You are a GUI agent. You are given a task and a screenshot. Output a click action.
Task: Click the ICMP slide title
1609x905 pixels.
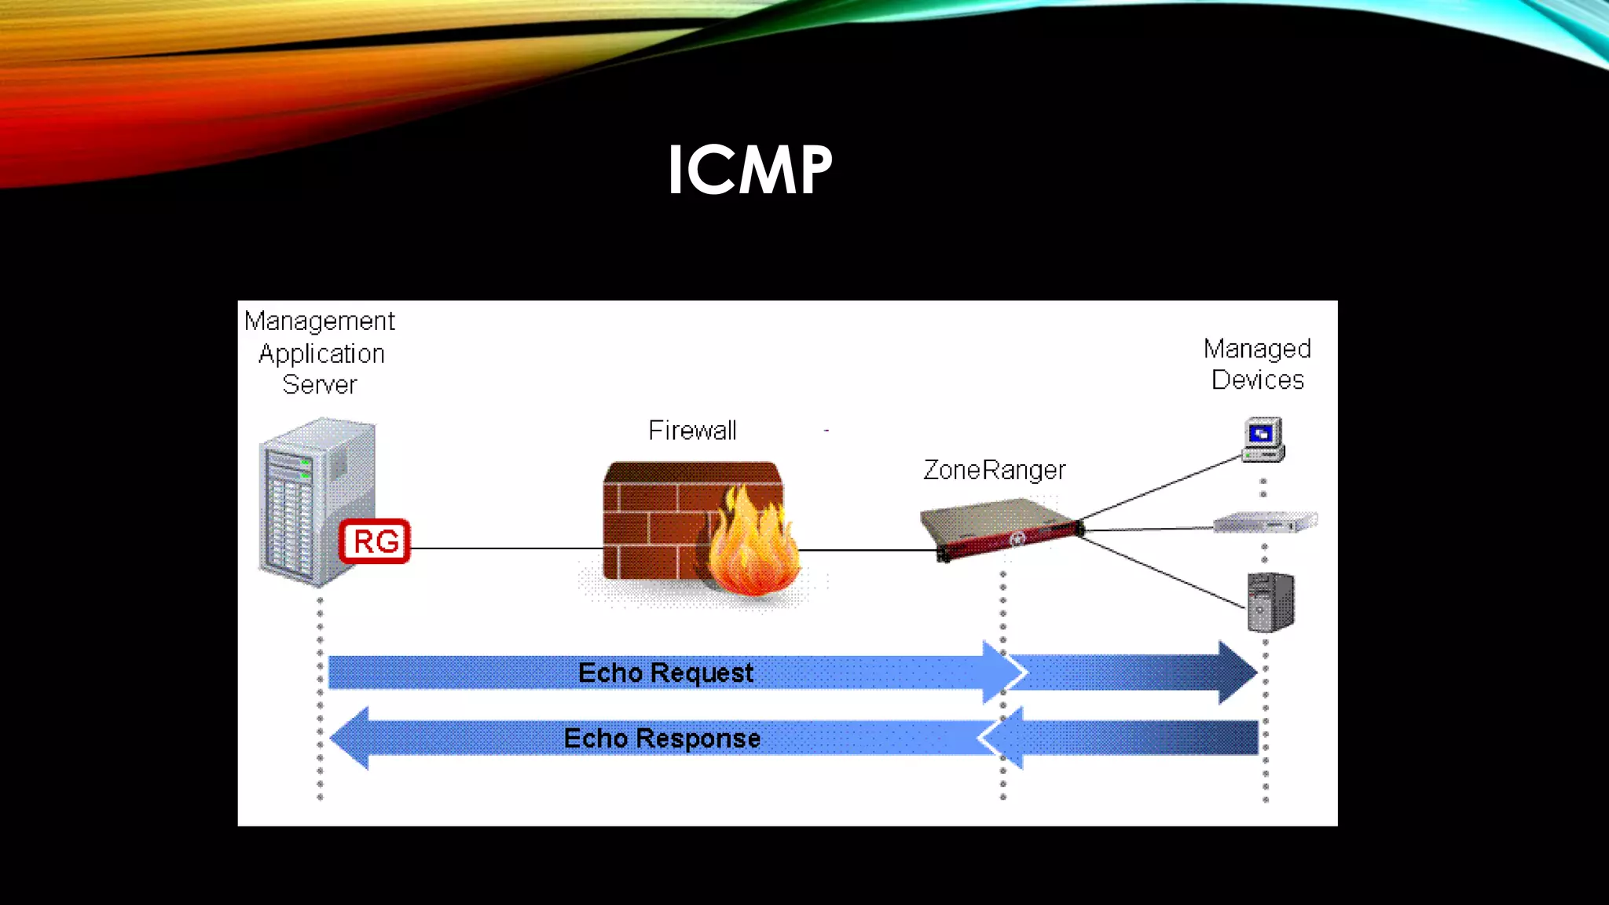750,170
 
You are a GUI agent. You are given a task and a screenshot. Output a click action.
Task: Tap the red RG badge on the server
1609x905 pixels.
375,541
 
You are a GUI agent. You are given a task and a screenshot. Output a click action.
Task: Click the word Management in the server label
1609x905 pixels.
319,321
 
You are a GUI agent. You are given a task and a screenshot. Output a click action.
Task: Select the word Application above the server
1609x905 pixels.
321,354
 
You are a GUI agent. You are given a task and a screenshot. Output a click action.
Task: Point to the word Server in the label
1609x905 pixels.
319,385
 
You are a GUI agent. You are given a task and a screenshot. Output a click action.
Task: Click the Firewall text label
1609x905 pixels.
692,431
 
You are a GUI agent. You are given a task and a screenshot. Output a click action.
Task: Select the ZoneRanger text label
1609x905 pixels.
994,470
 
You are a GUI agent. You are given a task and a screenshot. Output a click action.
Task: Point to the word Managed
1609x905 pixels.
1257,349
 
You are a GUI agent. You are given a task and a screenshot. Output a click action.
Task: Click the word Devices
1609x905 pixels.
1257,380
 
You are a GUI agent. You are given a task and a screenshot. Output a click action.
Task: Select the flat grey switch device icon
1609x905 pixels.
1265,522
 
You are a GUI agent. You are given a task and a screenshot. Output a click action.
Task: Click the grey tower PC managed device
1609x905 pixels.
1270,603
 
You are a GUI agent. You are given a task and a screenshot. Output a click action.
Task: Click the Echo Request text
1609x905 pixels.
665,672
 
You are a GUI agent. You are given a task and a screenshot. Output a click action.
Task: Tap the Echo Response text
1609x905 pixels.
662,738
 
